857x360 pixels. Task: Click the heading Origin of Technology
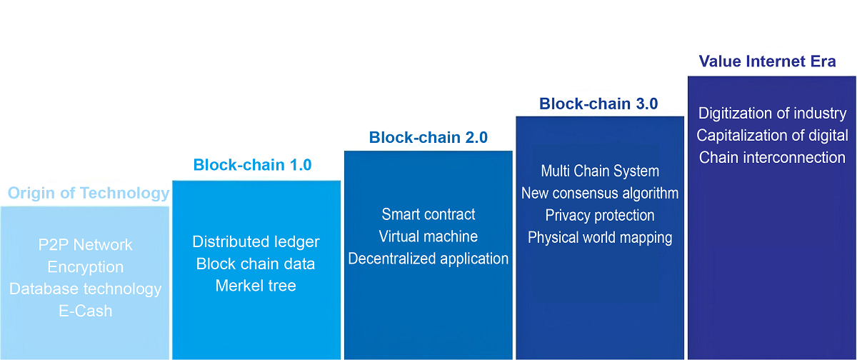89,193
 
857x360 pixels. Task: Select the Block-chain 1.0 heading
252,165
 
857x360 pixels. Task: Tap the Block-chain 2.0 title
428,137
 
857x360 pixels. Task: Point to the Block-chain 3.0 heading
598,104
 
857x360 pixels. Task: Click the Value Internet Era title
767,61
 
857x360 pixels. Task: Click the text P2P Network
86,245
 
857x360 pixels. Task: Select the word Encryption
86,267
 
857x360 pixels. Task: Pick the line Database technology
86,289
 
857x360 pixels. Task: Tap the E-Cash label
86,311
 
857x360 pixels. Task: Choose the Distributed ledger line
256,242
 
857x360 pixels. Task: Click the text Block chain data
256,264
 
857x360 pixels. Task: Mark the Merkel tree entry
256,286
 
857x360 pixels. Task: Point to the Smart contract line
428,214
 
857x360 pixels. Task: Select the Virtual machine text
428,236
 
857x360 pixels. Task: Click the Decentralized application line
428,259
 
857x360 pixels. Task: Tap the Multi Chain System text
600,171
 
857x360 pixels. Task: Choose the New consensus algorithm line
600,194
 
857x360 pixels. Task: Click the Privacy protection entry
600,216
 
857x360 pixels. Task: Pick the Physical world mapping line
600,238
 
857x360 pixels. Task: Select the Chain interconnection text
772,158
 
